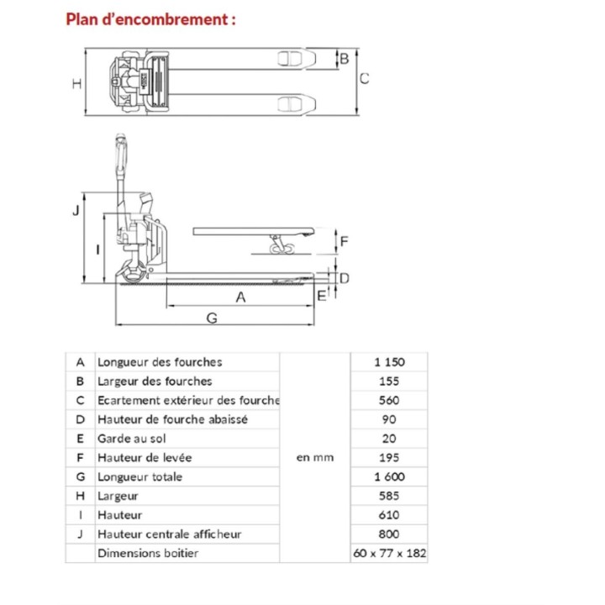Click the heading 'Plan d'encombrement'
150,18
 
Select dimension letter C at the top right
365,79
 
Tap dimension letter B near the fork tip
343,58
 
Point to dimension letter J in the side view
76,211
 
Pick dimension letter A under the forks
240,297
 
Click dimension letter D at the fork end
344,276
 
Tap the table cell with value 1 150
389,362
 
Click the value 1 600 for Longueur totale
389,476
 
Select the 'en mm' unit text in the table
315,458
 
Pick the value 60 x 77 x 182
389,553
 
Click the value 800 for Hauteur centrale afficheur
389,534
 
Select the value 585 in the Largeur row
389,496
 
